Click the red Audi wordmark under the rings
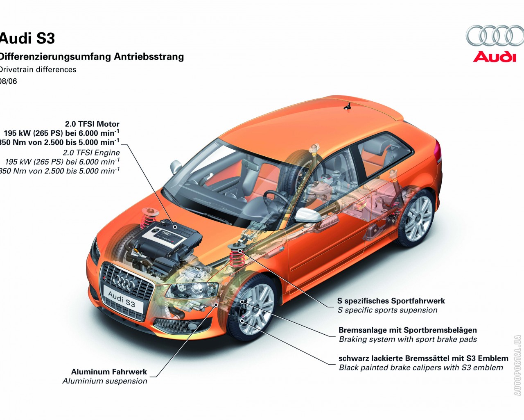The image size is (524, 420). pyautogui.click(x=495, y=56)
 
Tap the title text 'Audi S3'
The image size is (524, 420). pyautogui.click(x=27, y=39)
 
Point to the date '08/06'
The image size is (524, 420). pyautogui.click(x=8, y=81)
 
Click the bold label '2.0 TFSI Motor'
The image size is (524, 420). pyautogui.click(x=92, y=124)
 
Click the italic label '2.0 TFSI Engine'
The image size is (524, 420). pyautogui.click(x=91, y=153)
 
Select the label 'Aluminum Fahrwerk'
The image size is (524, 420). pyautogui.click(x=109, y=372)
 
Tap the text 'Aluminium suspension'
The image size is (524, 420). pyautogui.click(x=105, y=381)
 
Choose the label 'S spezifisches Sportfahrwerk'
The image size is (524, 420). pyautogui.click(x=391, y=301)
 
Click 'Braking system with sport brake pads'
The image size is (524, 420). pyautogui.click(x=408, y=339)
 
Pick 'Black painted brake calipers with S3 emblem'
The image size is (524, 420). pyautogui.click(x=421, y=367)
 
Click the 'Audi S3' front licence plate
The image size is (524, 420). pyautogui.click(x=122, y=299)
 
